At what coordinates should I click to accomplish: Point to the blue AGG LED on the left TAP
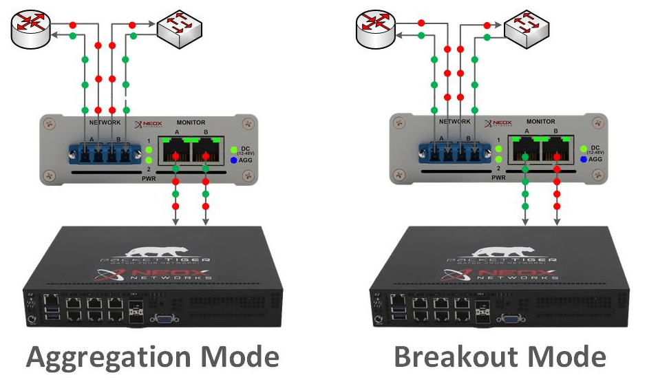point(234,159)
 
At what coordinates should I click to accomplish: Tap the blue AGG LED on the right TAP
point(584,159)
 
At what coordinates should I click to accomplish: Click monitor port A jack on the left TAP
point(176,151)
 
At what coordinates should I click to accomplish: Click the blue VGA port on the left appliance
point(164,317)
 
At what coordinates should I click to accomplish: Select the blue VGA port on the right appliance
point(511,317)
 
